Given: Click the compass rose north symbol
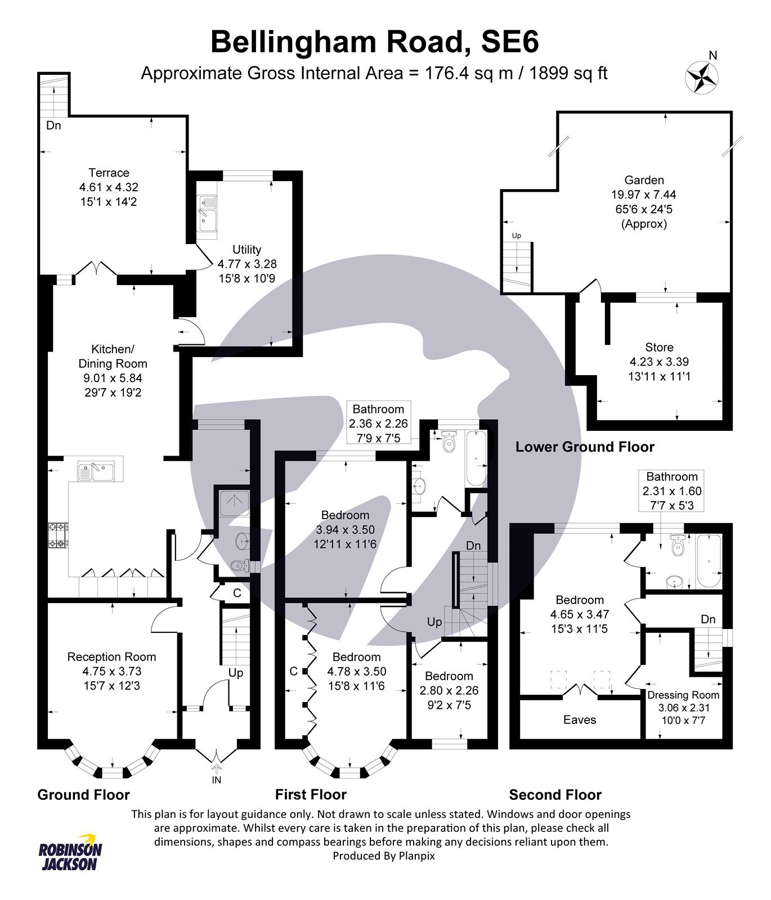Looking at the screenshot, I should point(701,76).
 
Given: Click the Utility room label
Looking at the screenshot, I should point(246,249).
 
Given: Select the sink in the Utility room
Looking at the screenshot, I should point(207,213).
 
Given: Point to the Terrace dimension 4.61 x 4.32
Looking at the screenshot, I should point(109,187).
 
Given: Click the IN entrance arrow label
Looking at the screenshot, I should point(217,780).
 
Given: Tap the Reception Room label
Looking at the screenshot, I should point(111,656).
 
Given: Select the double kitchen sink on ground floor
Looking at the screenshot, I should point(96,471).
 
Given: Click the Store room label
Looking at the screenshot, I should point(659,347).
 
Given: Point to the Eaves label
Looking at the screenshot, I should point(580,719).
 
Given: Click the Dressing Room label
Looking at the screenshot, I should point(683,695).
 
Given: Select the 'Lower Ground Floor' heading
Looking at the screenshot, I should point(585,447).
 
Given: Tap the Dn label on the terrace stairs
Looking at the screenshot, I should point(53,125).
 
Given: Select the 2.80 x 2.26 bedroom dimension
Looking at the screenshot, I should point(449,690).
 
